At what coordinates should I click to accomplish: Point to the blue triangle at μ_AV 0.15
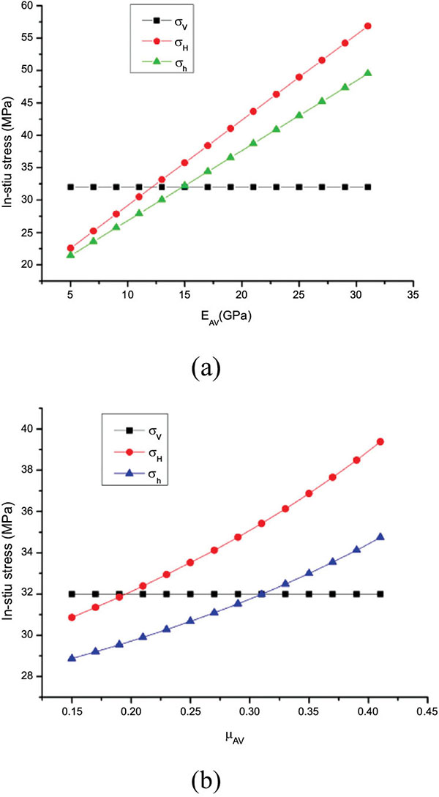(72, 658)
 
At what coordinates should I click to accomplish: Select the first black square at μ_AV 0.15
(72, 594)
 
